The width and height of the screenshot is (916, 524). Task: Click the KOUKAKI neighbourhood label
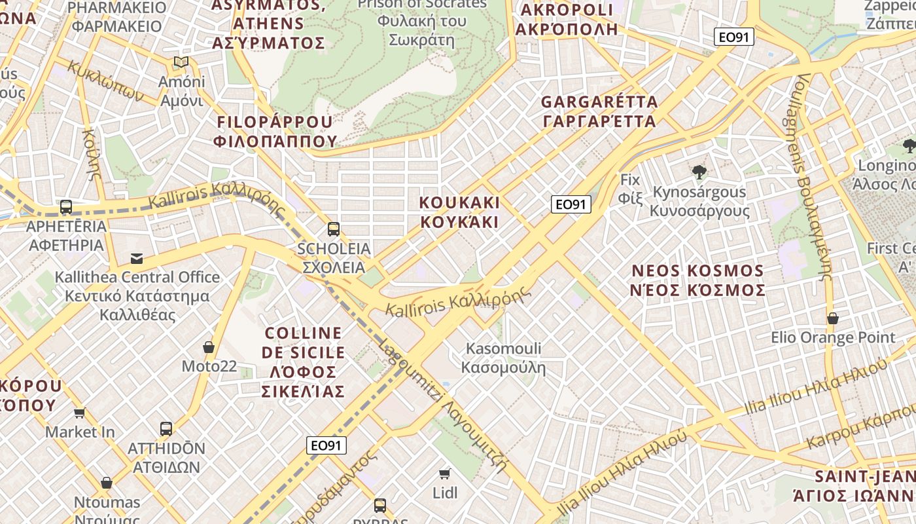coord(459,212)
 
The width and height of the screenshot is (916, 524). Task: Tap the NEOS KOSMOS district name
coord(697,280)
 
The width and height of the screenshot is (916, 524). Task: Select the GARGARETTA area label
coord(599,111)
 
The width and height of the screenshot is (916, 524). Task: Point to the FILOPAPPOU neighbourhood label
coord(275,131)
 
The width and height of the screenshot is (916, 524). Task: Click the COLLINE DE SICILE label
coord(303,362)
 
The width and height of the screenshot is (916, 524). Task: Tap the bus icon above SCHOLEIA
coord(334,229)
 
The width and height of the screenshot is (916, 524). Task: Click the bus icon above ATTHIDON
coord(166,429)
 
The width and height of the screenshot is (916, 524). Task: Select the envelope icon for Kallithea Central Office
coord(137,258)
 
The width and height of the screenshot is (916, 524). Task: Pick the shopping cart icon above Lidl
coord(445,474)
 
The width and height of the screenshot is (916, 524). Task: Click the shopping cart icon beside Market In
coord(80,413)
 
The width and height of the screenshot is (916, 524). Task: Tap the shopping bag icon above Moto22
coord(209,347)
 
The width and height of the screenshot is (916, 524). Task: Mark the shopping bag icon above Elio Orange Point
coord(832,318)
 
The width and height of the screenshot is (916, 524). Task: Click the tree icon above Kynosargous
coord(699,172)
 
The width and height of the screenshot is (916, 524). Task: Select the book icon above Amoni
coord(181,62)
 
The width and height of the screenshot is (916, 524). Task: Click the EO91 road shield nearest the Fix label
coord(571,204)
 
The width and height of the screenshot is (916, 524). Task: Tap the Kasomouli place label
coord(503,358)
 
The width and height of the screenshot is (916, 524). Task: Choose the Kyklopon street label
coord(105,82)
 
